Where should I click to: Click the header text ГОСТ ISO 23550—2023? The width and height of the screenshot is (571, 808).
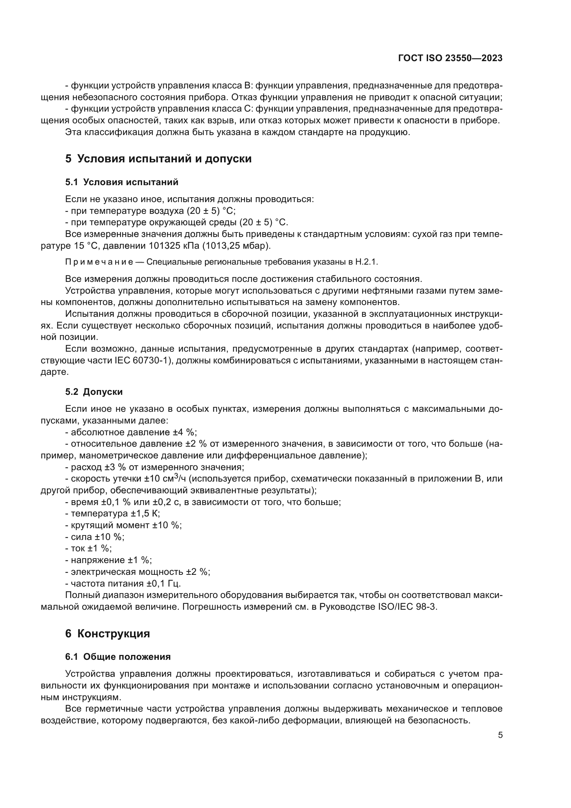coord(450,58)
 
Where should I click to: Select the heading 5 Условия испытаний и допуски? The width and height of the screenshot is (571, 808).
coord(158,159)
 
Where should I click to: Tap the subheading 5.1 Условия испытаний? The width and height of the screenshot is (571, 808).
coord(122,182)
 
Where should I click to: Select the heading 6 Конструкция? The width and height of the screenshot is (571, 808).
coord(107,634)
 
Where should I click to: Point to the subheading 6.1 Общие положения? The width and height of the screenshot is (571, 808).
coord(118,657)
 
